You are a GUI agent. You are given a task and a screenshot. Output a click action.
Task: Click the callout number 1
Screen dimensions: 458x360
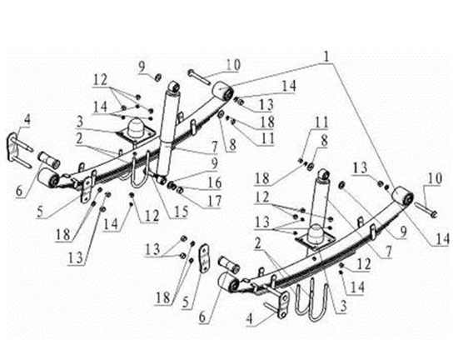[x=326, y=56]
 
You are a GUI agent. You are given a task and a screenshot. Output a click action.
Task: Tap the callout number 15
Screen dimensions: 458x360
[x=180, y=212]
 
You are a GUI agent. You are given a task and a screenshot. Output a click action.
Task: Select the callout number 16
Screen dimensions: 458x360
[x=215, y=183]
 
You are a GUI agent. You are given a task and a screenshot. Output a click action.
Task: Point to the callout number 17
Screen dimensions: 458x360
[x=215, y=201]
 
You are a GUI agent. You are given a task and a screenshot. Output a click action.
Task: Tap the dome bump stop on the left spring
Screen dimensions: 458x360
[x=137, y=127]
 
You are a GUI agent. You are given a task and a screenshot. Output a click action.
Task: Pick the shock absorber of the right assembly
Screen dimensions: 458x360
[x=320, y=202]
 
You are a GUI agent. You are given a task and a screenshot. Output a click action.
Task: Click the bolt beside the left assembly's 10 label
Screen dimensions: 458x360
[x=199, y=77]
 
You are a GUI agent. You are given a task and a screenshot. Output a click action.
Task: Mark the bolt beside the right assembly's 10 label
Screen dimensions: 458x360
[x=426, y=209]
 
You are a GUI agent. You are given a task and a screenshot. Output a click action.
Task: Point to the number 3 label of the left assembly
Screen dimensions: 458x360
[x=80, y=122]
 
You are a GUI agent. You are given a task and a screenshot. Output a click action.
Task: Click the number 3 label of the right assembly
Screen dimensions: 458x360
[x=343, y=306]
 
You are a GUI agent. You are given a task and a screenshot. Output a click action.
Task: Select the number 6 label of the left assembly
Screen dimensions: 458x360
[x=19, y=191]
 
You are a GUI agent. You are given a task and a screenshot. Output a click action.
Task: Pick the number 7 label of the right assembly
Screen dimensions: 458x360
[x=389, y=252]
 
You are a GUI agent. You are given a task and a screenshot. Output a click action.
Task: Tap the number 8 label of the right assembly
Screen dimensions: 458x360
[x=324, y=141]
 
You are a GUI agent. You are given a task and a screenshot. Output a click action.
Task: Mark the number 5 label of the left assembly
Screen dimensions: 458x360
[x=41, y=212]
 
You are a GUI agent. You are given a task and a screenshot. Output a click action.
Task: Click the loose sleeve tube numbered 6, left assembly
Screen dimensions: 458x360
[x=49, y=160]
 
